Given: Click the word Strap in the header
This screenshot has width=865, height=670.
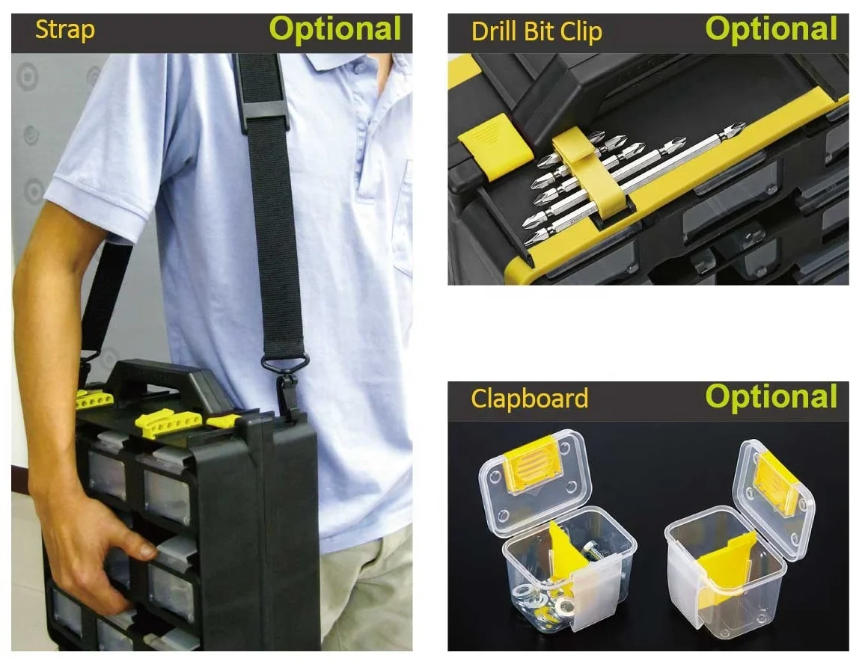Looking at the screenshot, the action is (x=64, y=31).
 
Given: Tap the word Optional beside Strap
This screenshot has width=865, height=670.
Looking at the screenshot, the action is (x=335, y=29).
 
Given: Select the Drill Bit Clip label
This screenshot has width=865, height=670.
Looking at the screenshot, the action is (x=537, y=32).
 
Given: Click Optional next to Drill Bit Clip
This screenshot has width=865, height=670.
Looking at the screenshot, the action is (x=771, y=29).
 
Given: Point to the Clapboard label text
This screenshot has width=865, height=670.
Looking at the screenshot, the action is (x=530, y=398).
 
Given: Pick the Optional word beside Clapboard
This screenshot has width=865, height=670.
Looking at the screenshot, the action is (x=771, y=396).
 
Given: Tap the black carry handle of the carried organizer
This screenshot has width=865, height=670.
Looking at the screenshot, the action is (x=165, y=381).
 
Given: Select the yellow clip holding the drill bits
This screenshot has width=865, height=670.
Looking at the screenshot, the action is (x=593, y=171).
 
